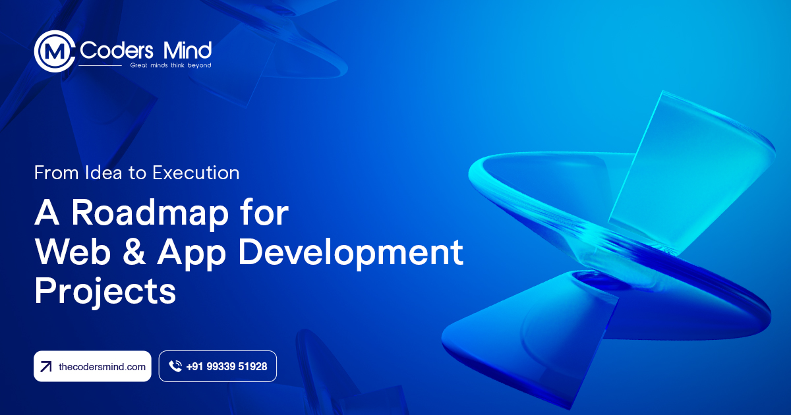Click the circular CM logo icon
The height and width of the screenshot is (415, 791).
[x=55, y=51]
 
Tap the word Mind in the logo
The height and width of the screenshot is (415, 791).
[x=187, y=50]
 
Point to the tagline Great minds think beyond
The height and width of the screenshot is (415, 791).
[x=171, y=65]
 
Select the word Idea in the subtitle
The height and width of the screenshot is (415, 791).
[x=103, y=173]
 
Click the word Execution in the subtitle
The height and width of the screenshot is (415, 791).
[x=196, y=173]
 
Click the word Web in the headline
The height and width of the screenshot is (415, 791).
[x=73, y=252]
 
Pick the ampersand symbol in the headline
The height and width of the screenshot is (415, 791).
[x=134, y=252]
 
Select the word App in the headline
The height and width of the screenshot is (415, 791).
[x=191, y=254]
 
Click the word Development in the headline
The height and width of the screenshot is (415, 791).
[x=351, y=254]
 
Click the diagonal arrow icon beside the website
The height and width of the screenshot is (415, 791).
[x=46, y=367]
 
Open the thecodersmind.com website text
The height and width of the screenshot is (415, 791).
[x=102, y=367]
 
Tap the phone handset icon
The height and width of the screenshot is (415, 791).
[x=175, y=366]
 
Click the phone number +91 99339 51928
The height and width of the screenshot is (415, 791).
[x=226, y=367]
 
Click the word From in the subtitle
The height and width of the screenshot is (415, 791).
[x=56, y=173]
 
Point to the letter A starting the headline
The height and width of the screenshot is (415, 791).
[x=47, y=212]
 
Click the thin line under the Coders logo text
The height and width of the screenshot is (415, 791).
[x=100, y=66]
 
